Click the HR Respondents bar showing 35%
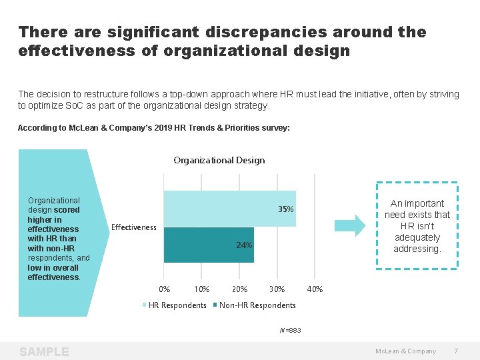pos(220,209)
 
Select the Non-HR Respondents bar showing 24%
pos(200,245)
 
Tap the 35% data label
pos(285,209)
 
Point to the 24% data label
pos(244,245)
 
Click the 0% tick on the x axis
pos(164,289)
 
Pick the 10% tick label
pos(201,289)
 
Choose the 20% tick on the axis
pos(239,289)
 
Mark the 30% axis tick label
pos(277,289)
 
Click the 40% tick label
pos(315,289)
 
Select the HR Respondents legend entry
pos(175,305)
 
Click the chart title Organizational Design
pos(219,160)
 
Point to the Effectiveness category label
pos(133,227)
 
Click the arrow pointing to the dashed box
pos(349,225)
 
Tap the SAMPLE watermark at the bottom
pos(44,351)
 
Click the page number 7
pos(456,351)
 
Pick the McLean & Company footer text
pos(405,351)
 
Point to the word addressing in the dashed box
pos(417,249)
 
